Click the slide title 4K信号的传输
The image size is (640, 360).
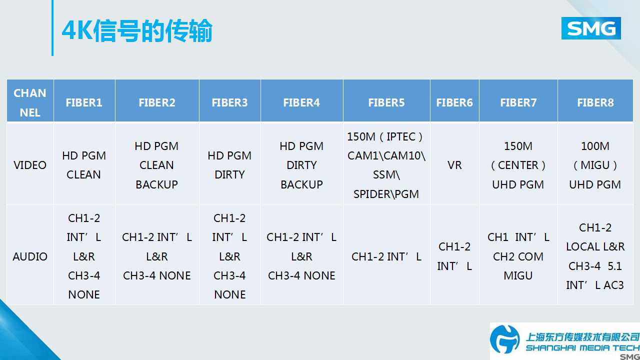(137, 30)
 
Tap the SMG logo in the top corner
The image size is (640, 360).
(591, 28)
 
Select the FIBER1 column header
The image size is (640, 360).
(84, 102)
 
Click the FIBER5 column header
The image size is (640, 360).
(386, 102)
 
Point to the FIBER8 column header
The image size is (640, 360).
(595, 102)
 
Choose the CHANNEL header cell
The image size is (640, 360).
(30, 102)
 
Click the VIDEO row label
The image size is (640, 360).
(30, 165)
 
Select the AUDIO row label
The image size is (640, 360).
(30, 256)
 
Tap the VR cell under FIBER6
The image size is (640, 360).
(454, 165)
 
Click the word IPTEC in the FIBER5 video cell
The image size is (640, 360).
(401, 136)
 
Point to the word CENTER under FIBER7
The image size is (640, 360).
(518, 165)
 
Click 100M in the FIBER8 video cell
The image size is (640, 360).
(595, 146)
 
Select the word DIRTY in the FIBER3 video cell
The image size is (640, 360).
(229, 174)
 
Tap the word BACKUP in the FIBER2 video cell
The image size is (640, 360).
(156, 184)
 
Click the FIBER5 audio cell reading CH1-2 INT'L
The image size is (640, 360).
(386, 256)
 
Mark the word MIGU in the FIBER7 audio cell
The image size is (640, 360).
(518, 275)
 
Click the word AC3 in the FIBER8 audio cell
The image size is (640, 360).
(613, 285)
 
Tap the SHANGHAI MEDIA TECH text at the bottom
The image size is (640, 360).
(582, 348)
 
